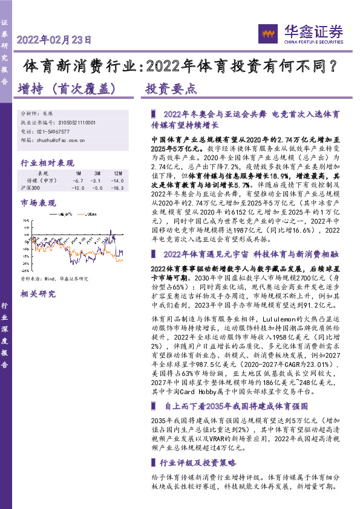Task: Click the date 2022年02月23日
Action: (54, 41)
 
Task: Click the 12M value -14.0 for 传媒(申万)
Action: (117, 180)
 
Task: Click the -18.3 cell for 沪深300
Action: (117, 187)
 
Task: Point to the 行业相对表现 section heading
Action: (47, 163)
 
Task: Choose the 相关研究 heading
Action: (37, 294)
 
